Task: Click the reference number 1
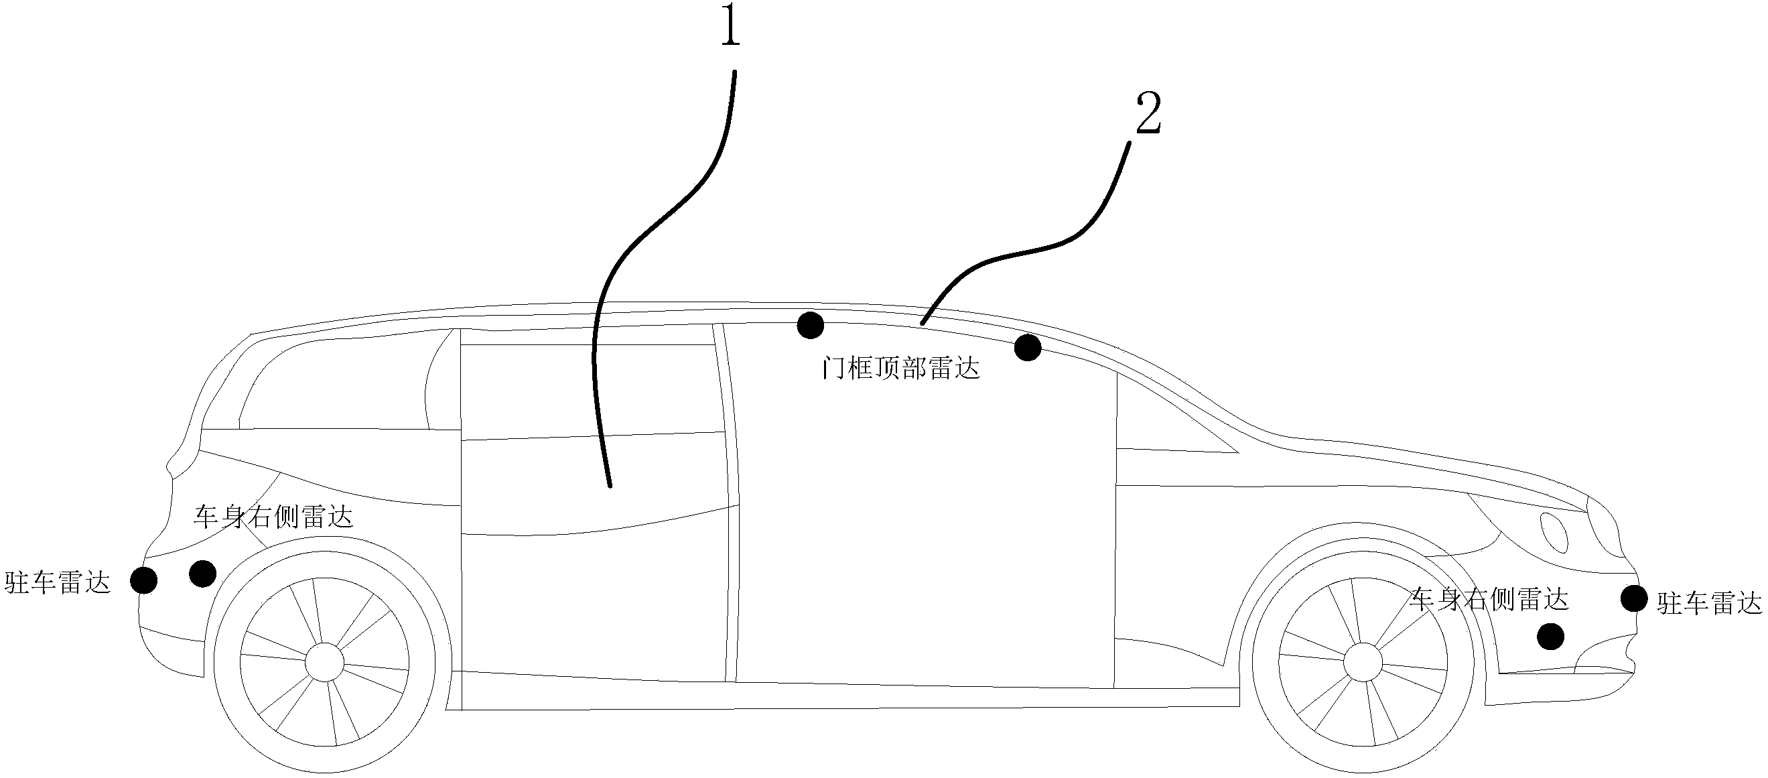click(x=730, y=28)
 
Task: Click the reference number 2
click(x=1149, y=114)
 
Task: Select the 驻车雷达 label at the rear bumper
click(x=58, y=583)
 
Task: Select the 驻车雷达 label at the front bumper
click(x=1709, y=604)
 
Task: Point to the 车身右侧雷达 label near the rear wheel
click(x=273, y=517)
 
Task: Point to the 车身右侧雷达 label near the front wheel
click(x=1489, y=600)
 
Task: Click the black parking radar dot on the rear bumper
click(x=143, y=581)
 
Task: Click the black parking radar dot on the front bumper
click(x=1634, y=598)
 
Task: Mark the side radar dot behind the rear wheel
click(x=202, y=574)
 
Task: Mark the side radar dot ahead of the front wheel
click(x=1550, y=637)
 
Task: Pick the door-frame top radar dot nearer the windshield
click(x=1028, y=348)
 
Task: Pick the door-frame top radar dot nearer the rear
click(x=811, y=325)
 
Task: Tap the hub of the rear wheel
click(x=324, y=661)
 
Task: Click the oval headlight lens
click(x=1554, y=533)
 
